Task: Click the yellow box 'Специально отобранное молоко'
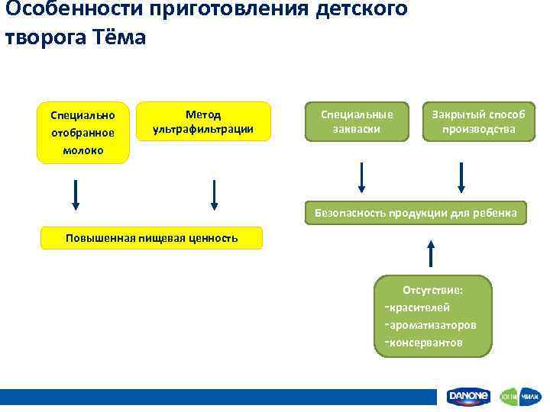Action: coord(83,133)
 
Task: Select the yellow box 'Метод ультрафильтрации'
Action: coord(203,122)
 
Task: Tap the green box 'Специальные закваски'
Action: coord(357,122)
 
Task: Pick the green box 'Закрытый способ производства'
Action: coord(479,122)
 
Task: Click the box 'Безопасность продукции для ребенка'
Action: coord(416,214)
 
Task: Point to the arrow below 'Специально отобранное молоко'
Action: coord(76,194)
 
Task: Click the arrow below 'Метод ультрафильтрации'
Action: coord(214,194)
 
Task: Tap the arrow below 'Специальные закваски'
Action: coord(362,179)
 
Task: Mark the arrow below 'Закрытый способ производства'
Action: coord(461,179)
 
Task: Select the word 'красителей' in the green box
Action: coord(419,307)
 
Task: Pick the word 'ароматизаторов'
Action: coord(432,325)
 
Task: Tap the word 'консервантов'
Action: coord(426,343)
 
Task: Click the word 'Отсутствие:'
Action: coord(437,290)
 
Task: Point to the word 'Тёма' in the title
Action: coord(119,37)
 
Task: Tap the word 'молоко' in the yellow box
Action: coord(83,150)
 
